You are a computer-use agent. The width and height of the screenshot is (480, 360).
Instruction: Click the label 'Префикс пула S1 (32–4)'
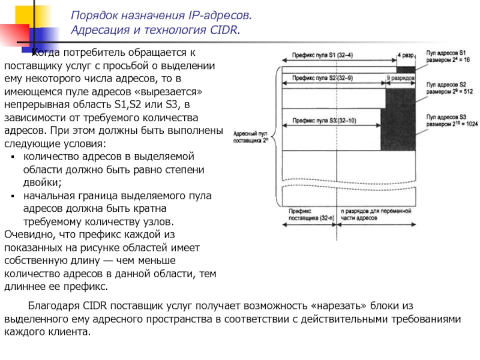pos(322,55)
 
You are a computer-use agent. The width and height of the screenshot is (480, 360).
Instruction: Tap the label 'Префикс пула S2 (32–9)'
pos(322,77)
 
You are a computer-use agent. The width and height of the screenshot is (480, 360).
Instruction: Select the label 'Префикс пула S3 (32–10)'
pos(324,120)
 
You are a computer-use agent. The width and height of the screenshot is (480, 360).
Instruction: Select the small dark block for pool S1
pos(406,69)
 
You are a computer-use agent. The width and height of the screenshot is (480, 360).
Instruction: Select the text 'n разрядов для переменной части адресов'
pos(376,215)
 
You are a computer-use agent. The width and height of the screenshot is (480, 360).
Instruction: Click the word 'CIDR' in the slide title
pos(225,29)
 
